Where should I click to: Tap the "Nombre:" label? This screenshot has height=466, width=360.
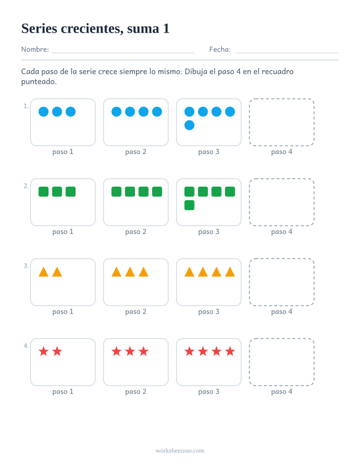35,49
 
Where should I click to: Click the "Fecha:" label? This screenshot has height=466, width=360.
220,49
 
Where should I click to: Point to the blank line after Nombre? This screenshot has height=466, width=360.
123,53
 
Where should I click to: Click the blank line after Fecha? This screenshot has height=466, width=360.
287,53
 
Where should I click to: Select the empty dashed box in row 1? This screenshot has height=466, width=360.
282,99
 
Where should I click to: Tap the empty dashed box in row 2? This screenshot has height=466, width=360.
282,179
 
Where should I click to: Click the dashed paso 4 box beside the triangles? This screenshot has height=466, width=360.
282,259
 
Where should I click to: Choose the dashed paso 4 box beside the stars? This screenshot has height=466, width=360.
282,338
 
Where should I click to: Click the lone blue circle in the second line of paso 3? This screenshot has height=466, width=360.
190,125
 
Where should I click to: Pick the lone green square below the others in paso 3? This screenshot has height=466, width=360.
190,205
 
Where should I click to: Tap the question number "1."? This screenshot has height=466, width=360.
26,106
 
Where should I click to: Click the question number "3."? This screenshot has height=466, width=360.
26,266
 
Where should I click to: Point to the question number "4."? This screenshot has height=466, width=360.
26,346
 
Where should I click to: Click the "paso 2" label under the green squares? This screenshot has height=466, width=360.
136,232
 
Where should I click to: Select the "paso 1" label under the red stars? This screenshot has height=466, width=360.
63,392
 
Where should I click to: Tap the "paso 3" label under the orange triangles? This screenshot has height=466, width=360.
209,312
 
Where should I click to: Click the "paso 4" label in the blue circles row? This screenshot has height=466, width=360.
282,152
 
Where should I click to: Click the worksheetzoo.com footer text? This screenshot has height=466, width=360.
180,451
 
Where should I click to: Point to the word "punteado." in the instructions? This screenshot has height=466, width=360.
39,82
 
